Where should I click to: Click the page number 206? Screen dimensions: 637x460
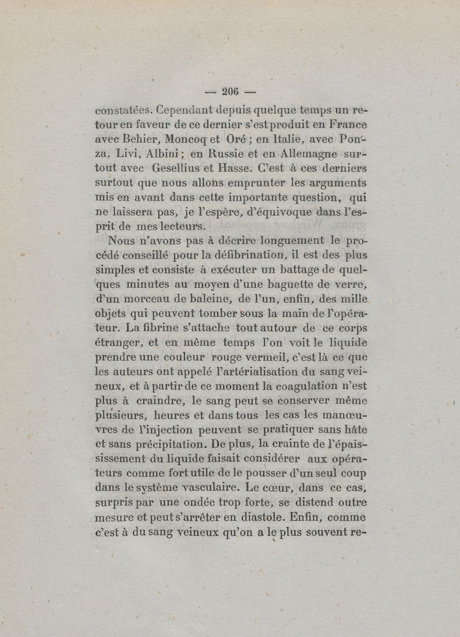pyautogui.click(x=230, y=91)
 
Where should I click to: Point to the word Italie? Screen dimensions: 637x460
pyautogui.click(x=286, y=140)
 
